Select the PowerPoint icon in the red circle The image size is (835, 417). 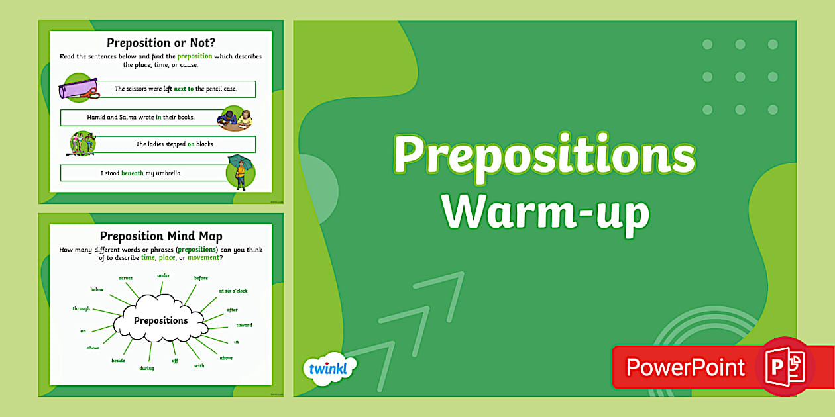coord(785,367)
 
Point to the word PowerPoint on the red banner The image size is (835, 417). coord(686,367)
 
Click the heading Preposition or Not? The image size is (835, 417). coord(160,44)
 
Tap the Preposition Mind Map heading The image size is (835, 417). coord(160,236)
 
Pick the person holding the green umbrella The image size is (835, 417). coord(239,173)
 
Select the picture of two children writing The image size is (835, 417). coord(235,118)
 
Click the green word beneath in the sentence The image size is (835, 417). coord(132,173)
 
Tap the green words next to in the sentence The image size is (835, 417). coord(184,89)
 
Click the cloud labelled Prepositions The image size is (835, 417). coord(161,320)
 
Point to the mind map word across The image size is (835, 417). coord(125,278)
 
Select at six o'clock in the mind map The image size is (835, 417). coord(233,291)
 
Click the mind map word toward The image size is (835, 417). coord(244,325)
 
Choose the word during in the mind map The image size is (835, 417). coord(146,368)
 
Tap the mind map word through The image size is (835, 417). coord(82,308)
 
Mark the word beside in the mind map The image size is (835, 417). coord(118,361)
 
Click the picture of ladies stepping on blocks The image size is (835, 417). coord(83,144)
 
